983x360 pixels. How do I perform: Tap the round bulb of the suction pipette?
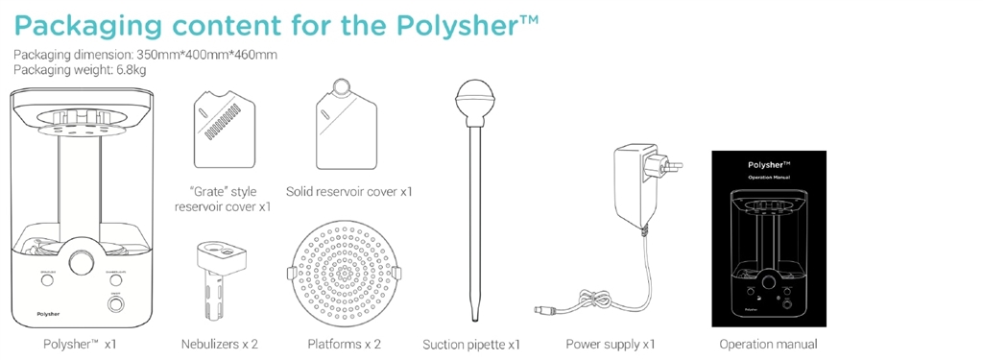(472, 97)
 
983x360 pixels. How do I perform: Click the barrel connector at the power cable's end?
(541, 309)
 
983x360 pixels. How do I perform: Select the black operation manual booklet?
(768, 238)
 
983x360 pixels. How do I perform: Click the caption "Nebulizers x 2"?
(219, 344)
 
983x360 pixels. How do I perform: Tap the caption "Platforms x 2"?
(344, 344)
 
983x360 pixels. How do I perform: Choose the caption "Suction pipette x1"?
(471, 344)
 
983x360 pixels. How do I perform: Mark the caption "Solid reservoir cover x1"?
(348, 191)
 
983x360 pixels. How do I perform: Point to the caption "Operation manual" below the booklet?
(768, 344)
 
